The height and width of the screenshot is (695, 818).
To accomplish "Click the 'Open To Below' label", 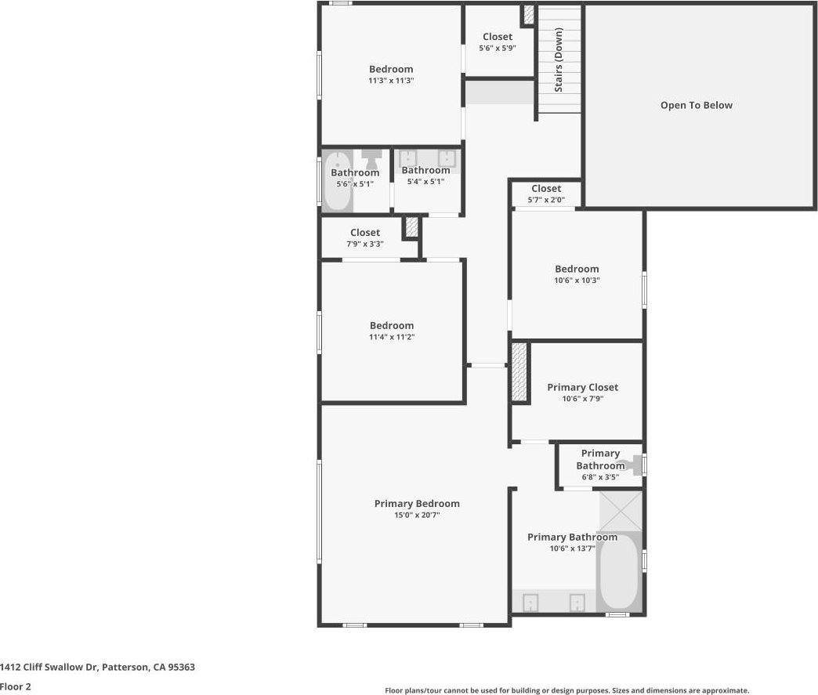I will (x=696, y=105).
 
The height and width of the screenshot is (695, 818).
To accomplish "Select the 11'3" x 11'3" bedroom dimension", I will (x=391, y=81).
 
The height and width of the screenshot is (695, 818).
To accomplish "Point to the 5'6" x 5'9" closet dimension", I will (x=498, y=49).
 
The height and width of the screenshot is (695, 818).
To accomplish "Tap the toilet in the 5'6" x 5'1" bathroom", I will (x=371, y=158).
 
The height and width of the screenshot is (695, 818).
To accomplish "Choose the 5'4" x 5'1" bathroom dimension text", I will (x=425, y=182).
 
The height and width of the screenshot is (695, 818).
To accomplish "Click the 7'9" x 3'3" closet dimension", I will (x=365, y=244).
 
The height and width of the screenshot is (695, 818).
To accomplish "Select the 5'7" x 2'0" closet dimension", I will (x=546, y=200).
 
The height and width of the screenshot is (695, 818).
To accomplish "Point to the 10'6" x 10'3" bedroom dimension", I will (x=577, y=281).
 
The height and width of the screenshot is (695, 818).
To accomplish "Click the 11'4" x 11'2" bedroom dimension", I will (x=392, y=337).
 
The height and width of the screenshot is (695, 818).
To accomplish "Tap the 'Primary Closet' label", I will (x=582, y=387).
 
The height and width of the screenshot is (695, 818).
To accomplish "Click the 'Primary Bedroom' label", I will (x=417, y=504).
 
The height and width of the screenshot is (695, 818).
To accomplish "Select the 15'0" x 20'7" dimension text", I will (x=417, y=516).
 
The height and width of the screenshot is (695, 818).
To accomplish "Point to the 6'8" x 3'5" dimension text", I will (x=599, y=477).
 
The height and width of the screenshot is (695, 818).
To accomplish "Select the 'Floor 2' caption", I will (x=15, y=686).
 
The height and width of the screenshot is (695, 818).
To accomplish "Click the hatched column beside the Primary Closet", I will (x=520, y=373).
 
